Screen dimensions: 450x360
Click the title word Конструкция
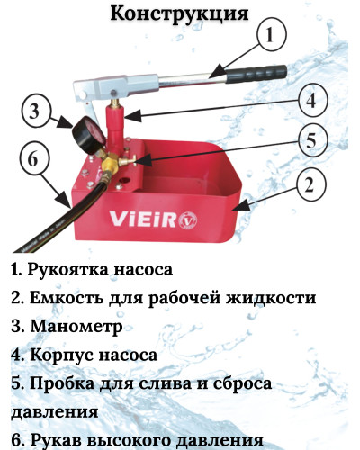point(180,15)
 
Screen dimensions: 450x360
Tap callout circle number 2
point(309,185)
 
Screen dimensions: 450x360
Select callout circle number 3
point(34,112)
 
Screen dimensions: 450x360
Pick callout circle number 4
point(309,101)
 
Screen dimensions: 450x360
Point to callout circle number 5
point(309,140)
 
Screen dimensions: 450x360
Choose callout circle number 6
point(33,159)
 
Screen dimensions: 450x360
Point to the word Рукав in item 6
point(54,440)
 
